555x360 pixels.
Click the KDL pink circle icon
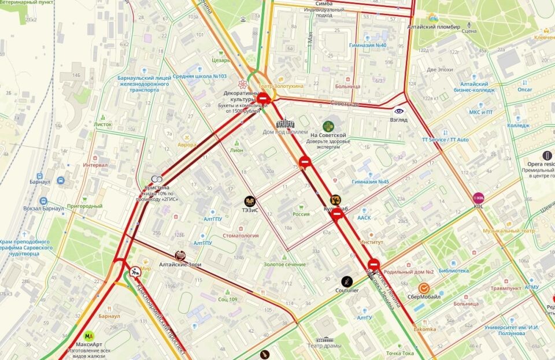coord(479,198)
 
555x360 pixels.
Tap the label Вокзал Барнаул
coord(42,208)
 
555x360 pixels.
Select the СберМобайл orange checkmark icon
coord(424,287)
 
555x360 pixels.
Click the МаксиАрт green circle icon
coord(88,335)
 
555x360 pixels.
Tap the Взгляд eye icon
coord(399,110)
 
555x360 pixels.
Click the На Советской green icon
coord(328,126)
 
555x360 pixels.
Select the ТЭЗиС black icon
coord(250,201)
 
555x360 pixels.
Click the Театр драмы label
coord(326,346)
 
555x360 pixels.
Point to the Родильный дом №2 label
coord(409,272)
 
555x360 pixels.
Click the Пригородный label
coord(84,206)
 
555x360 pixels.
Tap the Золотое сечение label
coord(284,264)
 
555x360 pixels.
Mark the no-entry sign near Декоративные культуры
coord(263,99)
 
